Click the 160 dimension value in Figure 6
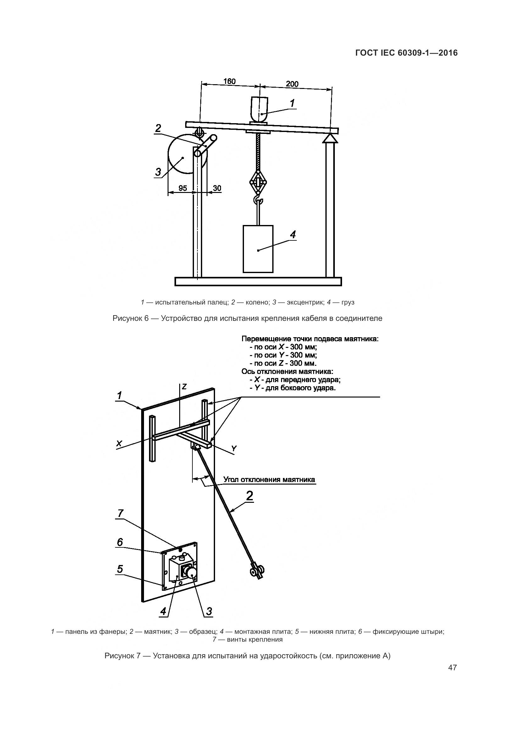229,81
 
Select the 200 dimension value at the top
292,84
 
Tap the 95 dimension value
183,188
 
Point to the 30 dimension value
217,188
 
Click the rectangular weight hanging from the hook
258,249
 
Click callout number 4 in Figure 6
293,235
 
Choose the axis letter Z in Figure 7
184,387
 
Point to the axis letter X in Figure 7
119,444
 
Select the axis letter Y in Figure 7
234,448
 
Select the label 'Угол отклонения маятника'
269,480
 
